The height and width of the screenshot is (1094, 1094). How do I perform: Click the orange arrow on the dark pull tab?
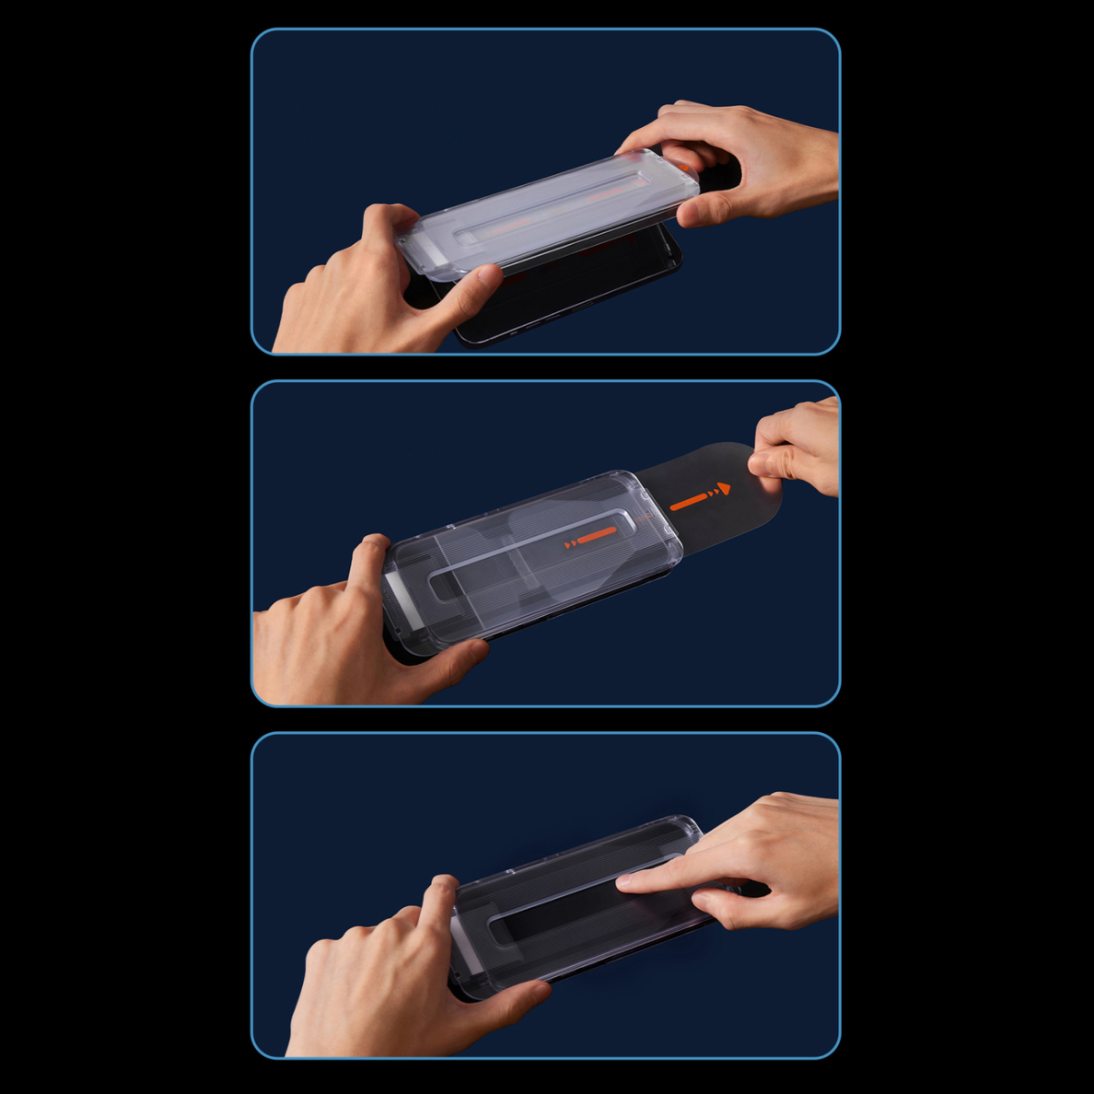[701, 497]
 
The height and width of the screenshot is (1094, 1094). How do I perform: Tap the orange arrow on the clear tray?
[589, 538]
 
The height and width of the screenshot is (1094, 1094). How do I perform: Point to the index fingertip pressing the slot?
[626, 882]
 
